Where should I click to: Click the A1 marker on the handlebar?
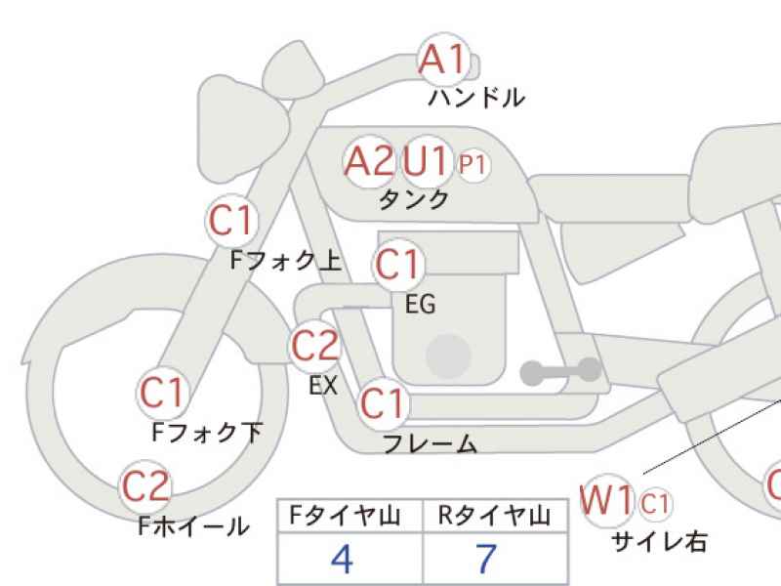pos(444,60)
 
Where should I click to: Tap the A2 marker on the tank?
pos(370,161)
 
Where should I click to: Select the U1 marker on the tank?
pos(426,161)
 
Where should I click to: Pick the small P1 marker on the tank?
pos(473,164)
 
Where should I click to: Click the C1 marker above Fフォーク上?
pos(231,221)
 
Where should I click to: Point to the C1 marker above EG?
pos(398,264)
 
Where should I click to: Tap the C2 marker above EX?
pos(315,346)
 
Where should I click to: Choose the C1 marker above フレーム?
pos(383,403)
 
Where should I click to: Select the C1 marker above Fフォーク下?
pos(163,393)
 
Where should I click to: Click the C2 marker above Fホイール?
pos(145,486)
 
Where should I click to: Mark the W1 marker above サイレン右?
pos(607,500)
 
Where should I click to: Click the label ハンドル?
pos(476,98)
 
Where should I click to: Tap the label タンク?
pos(414,200)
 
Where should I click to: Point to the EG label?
pos(421,304)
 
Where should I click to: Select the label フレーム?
pos(431,443)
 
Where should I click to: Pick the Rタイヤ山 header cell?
pos(495,516)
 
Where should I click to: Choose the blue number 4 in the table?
pos(343,559)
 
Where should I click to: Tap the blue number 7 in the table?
pos(486,559)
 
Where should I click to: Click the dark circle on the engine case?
pos(449,356)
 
